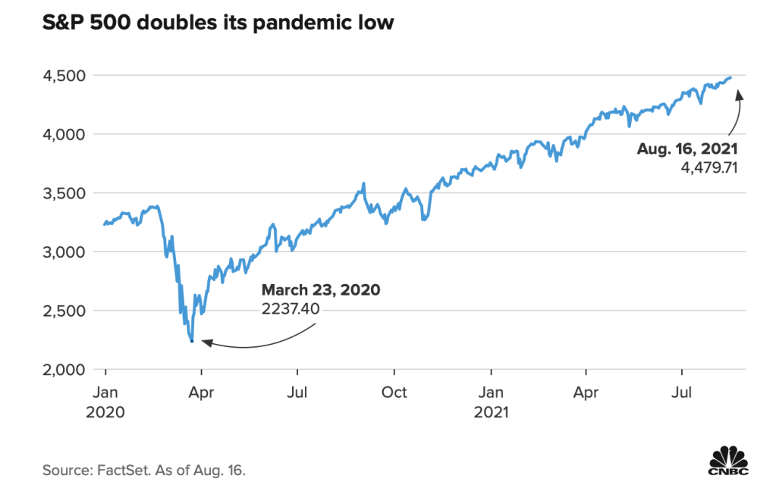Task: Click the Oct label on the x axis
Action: pyautogui.click(x=394, y=392)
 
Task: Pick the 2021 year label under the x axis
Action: pyautogui.click(x=491, y=413)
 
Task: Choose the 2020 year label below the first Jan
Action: pyautogui.click(x=105, y=413)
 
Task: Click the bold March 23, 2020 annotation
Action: pyautogui.click(x=320, y=290)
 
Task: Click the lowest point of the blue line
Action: pyautogui.click(x=192, y=341)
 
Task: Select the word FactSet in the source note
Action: pyautogui.click(x=120, y=471)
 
